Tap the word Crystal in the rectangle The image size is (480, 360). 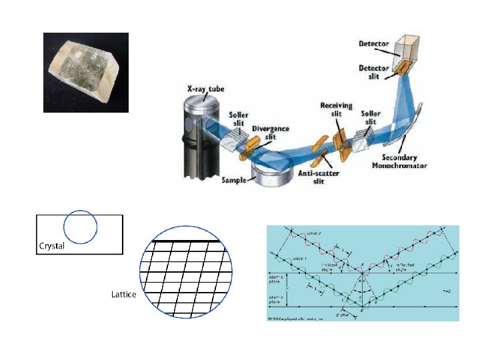(x=52, y=246)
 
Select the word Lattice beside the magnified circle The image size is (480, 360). (x=123, y=294)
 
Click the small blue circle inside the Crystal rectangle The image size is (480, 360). (x=80, y=227)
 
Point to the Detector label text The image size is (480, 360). (x=374, y=44)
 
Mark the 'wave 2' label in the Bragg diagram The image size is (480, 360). (x=315, y=234)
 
